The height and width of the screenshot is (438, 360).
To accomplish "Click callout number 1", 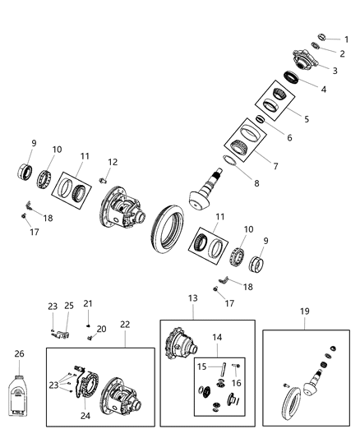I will pyautogui.click(x=346, y=39).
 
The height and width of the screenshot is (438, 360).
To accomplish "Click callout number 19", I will pyautogui.click(x=305, y=311).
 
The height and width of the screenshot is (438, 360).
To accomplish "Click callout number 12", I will pyautogui.click(x=113, y=162).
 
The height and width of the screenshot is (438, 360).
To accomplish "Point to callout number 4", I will pyautogui.click(x=323, y=89).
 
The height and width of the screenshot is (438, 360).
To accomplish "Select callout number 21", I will pyautogui.click(x=87, y=303).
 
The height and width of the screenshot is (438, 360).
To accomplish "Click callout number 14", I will pyautogui.click(x=217, y=336).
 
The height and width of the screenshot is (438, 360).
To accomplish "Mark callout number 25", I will pyautogui.click(x=70, y=306).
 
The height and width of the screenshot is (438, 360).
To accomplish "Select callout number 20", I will pyautogui.click(x=101, y=329).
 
